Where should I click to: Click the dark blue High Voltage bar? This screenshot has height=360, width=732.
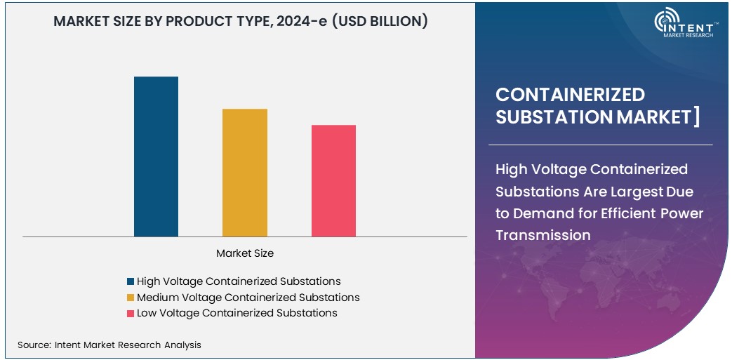[156, 156]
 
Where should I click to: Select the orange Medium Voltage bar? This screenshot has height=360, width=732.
[245, 172]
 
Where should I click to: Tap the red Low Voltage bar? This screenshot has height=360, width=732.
[333, 180]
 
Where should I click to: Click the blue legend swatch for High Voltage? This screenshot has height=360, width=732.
[131, 281]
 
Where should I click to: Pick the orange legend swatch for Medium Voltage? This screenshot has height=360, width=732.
[131, 298]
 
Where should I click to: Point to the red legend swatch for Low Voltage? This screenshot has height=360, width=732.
[131, 313]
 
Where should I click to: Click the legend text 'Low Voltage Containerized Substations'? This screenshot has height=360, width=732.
[237, 313]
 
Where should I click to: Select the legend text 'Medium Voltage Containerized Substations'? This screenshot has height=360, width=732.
[248, 298]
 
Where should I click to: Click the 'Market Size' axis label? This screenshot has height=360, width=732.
[245, 253]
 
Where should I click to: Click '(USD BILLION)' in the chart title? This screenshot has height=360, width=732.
[379, 21]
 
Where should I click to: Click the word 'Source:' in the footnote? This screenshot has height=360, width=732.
[33, 345]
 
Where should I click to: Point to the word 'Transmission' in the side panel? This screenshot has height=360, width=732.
[543, 235]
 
